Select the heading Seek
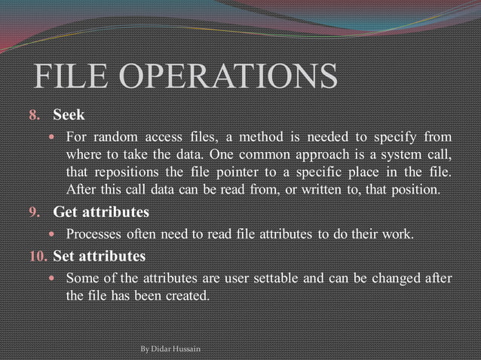69,116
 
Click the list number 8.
32,117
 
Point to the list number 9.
32,212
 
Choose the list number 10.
36,257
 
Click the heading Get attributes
100,212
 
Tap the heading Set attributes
99,257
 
